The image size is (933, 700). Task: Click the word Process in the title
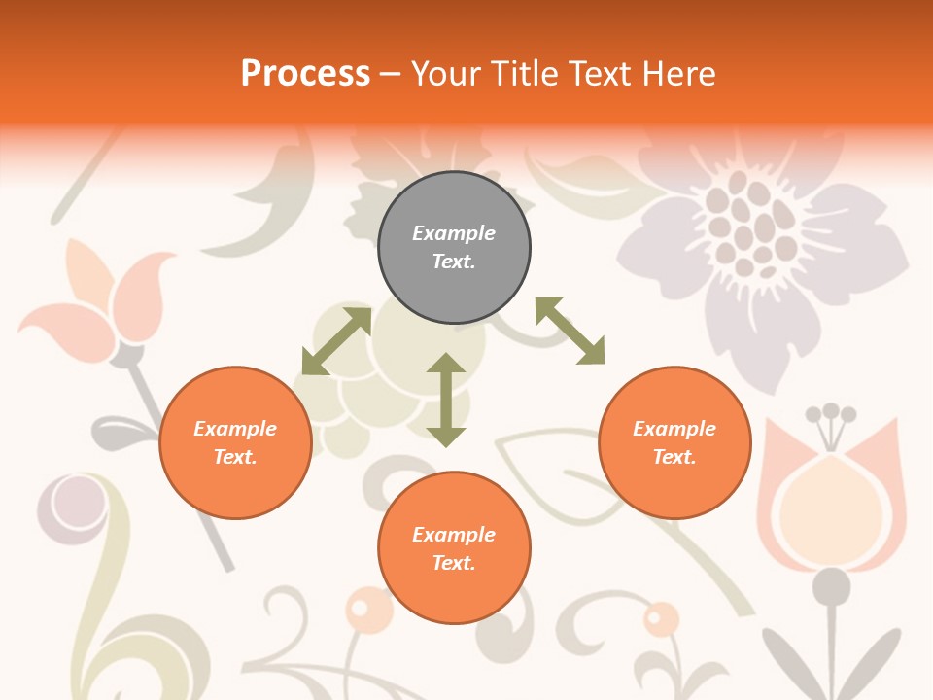tap(305, 74)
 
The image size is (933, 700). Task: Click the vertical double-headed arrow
tap(446, 400)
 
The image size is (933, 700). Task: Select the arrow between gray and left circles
tap(336, 341)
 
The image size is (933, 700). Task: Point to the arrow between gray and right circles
tap(570, 331)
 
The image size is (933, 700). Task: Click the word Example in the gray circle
tap(454, 233)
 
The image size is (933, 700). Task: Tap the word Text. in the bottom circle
tap(454, 563)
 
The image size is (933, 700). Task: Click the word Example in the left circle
tap(235, 429)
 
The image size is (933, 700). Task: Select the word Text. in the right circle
tap(674, 457)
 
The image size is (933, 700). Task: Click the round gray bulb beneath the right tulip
tap(831, 586)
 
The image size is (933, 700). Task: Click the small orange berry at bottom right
tap(661, 618)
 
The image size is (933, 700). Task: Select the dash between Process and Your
tap(391, 74)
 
